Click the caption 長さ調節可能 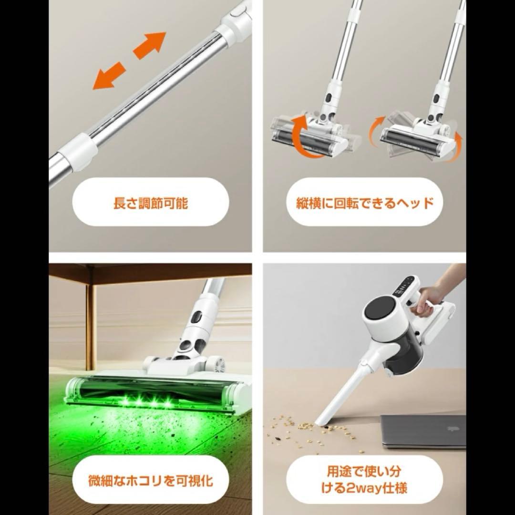pos(150,204)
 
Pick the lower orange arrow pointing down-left pos(109,76)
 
